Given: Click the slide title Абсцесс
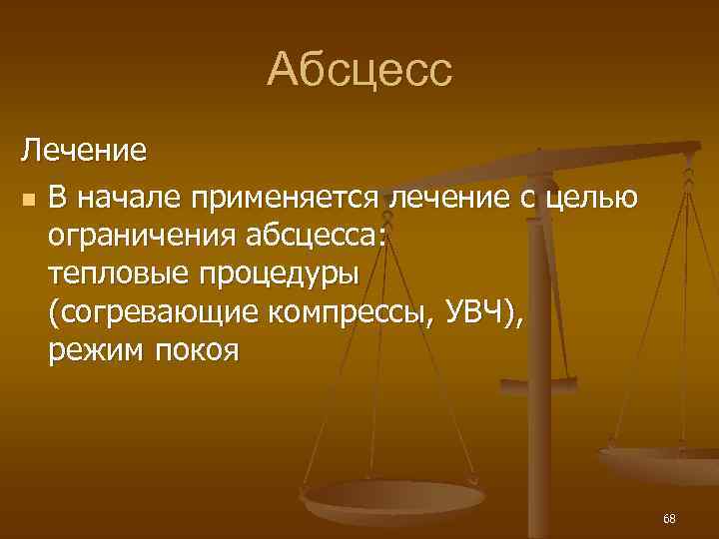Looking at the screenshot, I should point(359,70).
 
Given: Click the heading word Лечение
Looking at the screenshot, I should point(85,152).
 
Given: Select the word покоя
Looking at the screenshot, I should point(196,350).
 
